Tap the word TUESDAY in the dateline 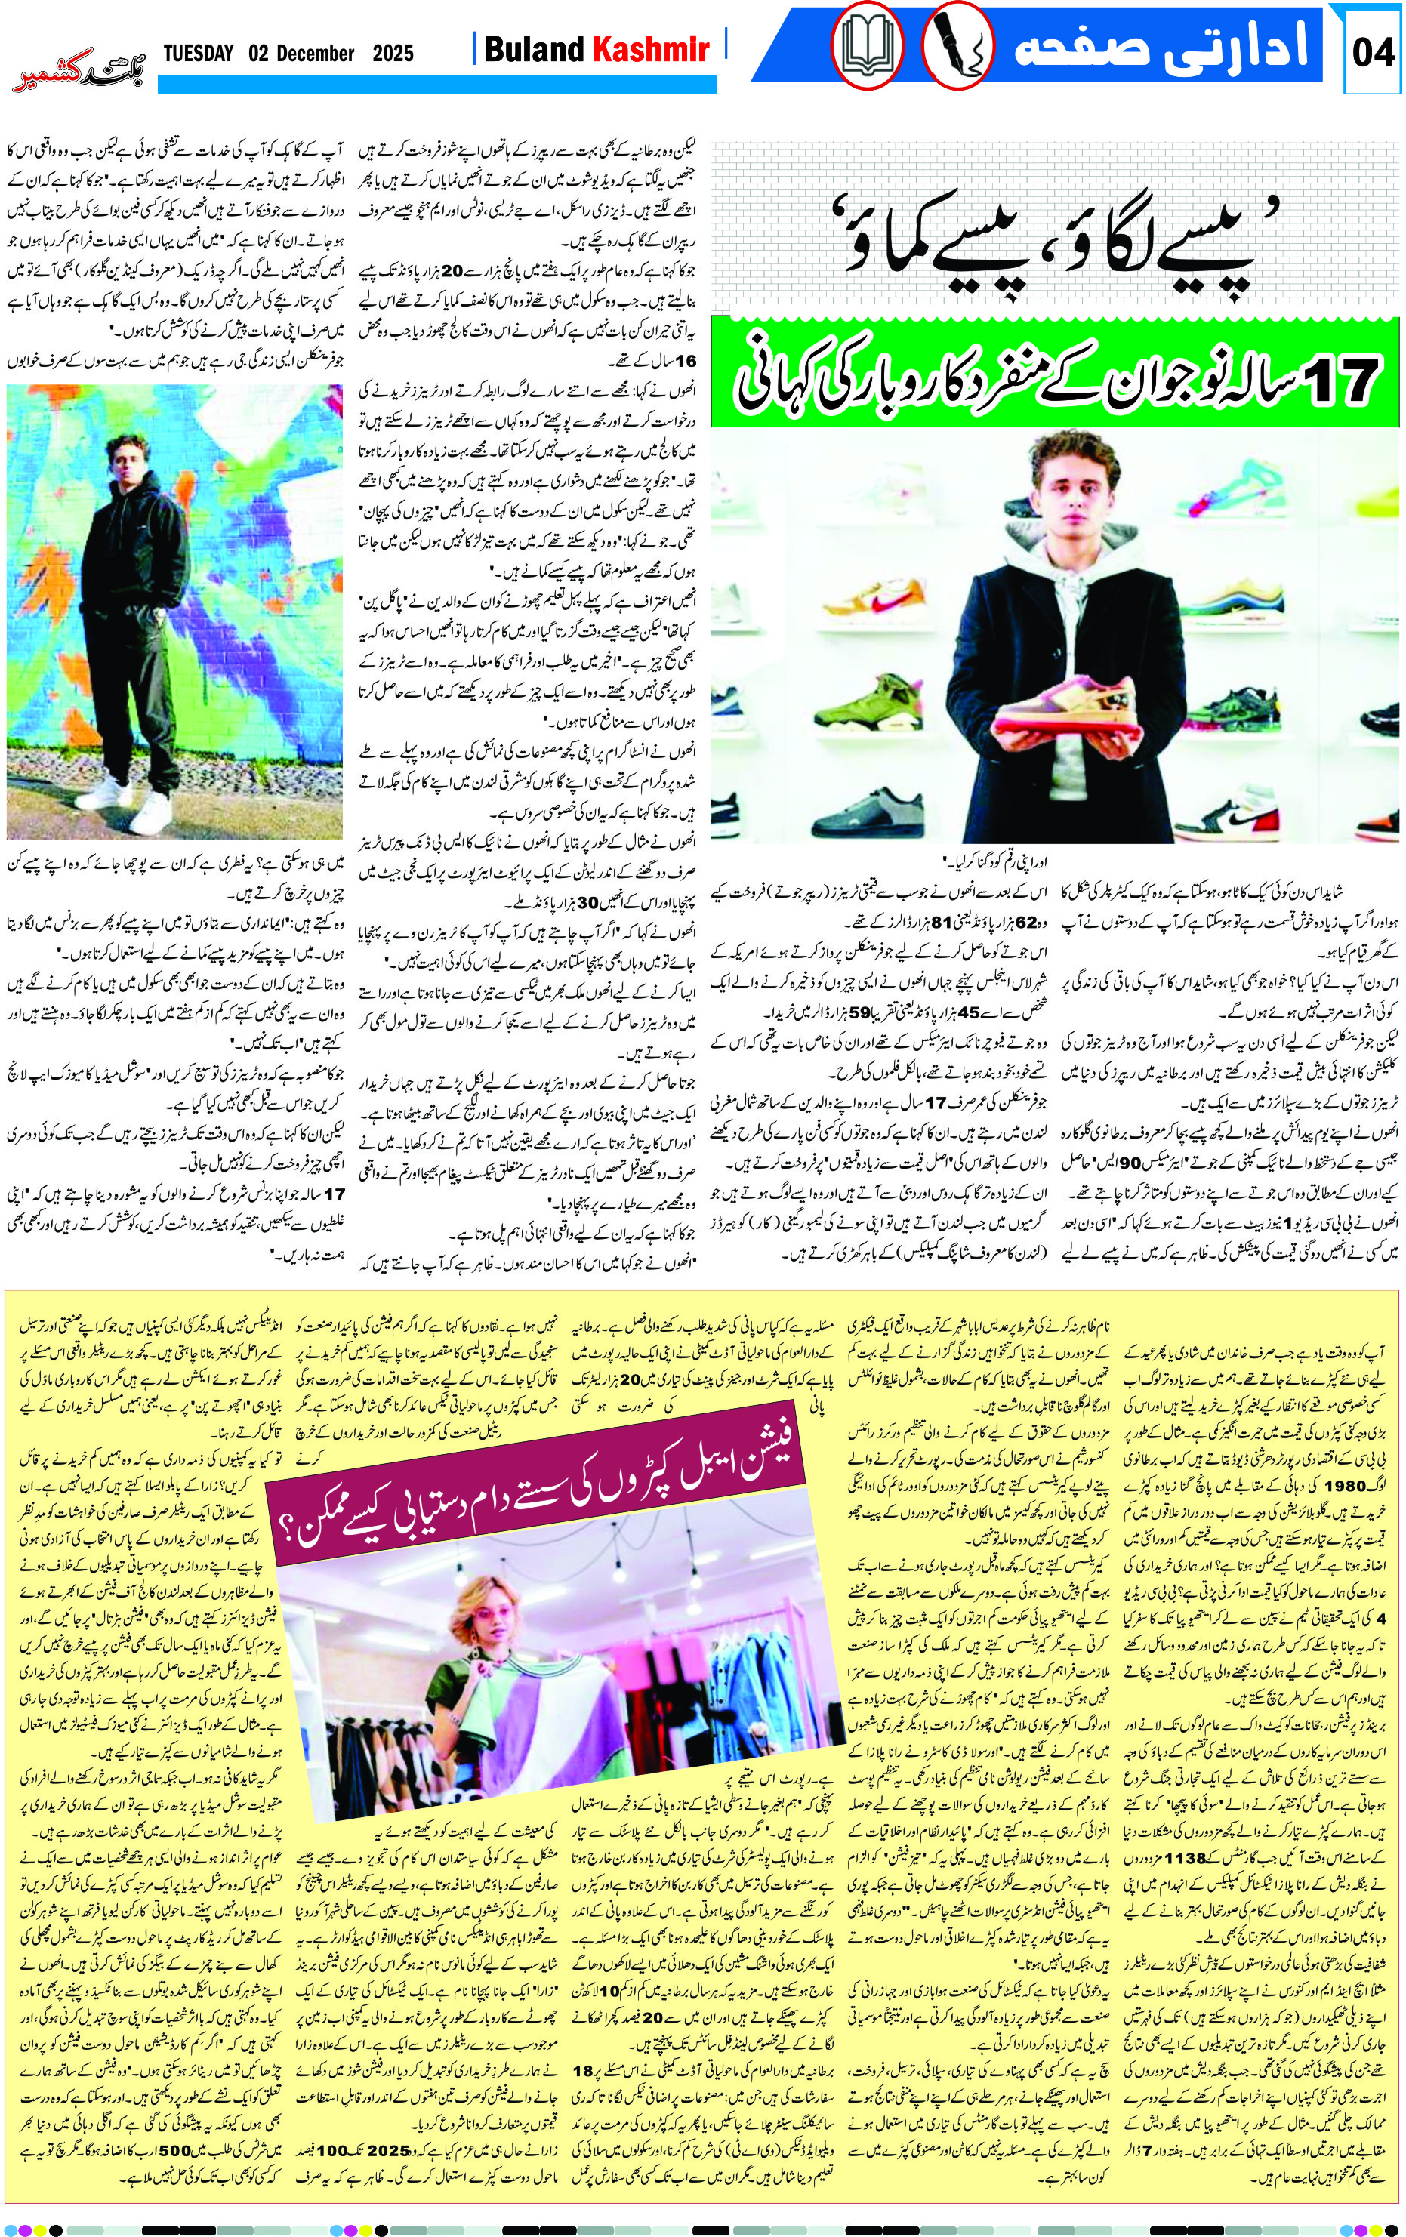click(x=198, y=53)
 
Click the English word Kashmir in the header click(x=654, y=49)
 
